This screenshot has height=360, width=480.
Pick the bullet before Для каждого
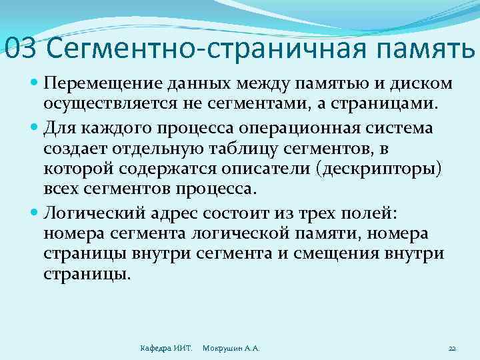pyautogui.click(x=35, y=127)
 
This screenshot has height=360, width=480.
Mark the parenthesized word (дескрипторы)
pyautogui.click(x=381, y=169)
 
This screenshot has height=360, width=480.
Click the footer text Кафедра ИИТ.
pyautogui.click(x=166, y=348)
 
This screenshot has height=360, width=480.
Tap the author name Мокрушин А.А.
pyautogui.click(x=231, y=348)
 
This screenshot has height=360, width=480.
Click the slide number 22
pyautogui.click(x=451, y=348)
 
